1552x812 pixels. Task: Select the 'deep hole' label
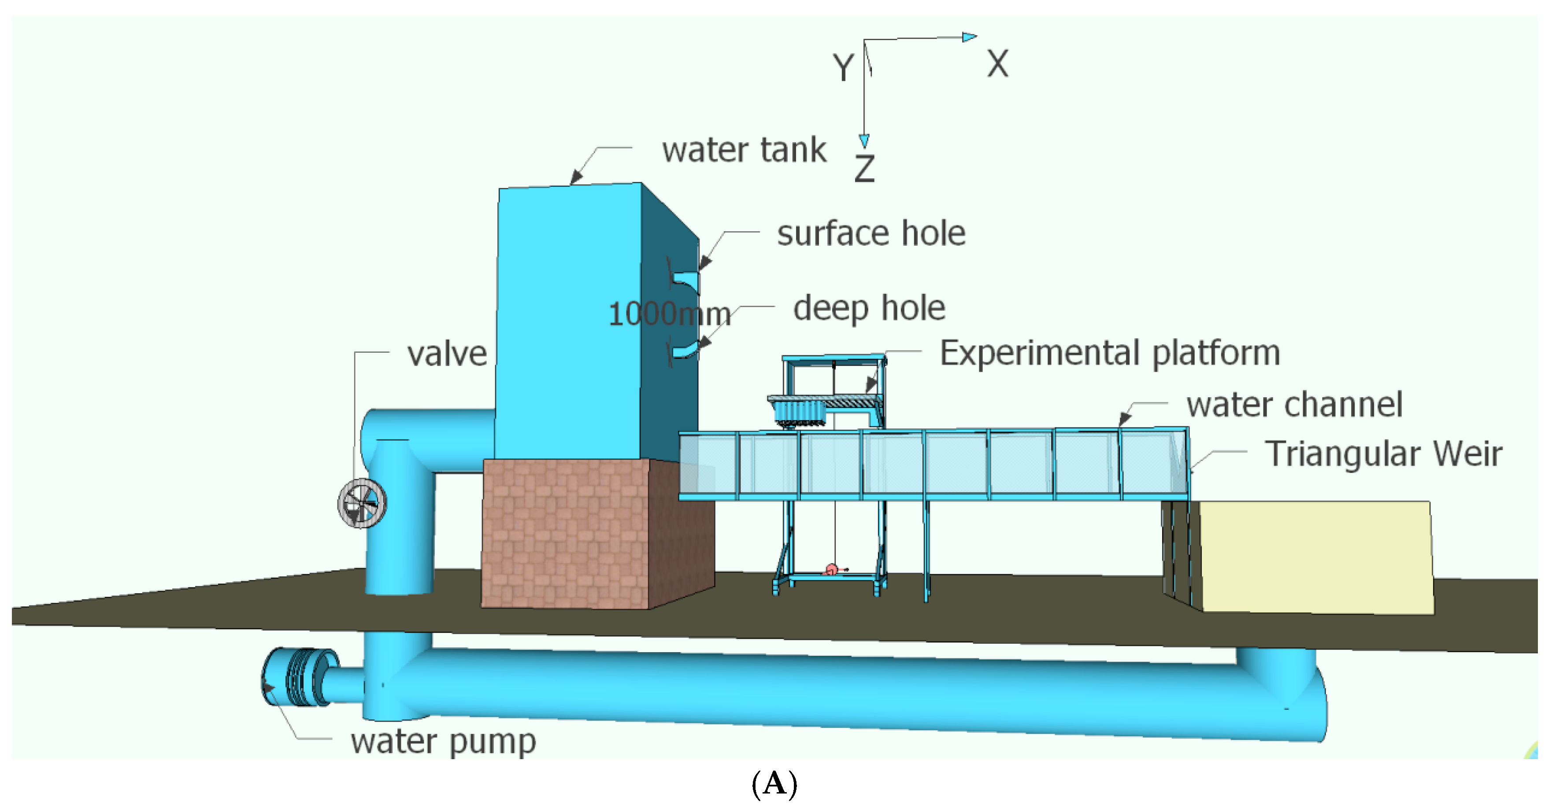[x=869, y=308]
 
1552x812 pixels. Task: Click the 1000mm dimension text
[x=669, y=314]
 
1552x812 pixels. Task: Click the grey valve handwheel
[x=362, y=503]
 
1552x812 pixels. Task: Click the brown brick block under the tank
[x=567, y=533]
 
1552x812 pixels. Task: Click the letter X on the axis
[x=997, y=63]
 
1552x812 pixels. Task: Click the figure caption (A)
[x=775, y=784]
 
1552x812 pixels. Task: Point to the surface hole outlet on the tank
[x=685, y=280]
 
